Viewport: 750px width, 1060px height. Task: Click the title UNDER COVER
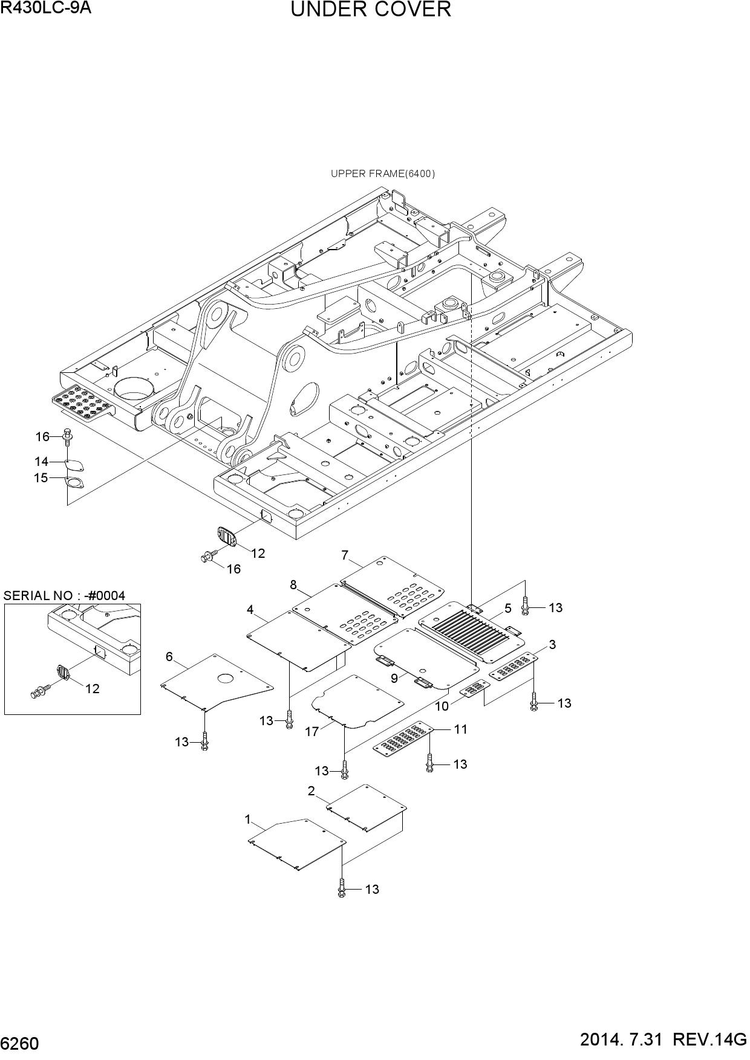pos(371,10)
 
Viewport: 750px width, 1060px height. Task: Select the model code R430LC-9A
pos(46,8)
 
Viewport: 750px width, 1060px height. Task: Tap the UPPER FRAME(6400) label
pos(383,174)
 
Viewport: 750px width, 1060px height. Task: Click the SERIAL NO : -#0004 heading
pos(65,595)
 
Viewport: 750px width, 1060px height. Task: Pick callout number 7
pos(345,555)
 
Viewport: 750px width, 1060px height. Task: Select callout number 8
pos(293,584)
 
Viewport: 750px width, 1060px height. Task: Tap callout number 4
pos(250,610)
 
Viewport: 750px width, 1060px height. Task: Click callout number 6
pos(169,656)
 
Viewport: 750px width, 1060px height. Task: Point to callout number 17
pos(312,732)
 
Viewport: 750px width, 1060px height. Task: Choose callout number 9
pos(394,678)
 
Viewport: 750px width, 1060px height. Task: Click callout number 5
pos(508,608)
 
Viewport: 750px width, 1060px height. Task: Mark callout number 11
pos(461,729)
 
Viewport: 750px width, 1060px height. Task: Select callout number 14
pos(41,462)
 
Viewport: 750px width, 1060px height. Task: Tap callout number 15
pos(41,478)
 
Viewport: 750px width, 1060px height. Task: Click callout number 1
pos(247,819)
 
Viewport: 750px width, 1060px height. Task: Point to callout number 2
pos(311,790)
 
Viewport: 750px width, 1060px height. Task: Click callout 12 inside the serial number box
pos(93,688)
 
